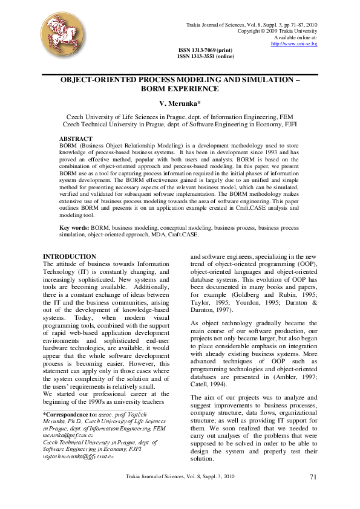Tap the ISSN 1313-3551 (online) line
coord(205,56)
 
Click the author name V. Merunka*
coord(180,104)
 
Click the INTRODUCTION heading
coord(70,257)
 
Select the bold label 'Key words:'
coord(74,227)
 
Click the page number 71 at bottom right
coord(313,478)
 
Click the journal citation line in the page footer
coord(180,478)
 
